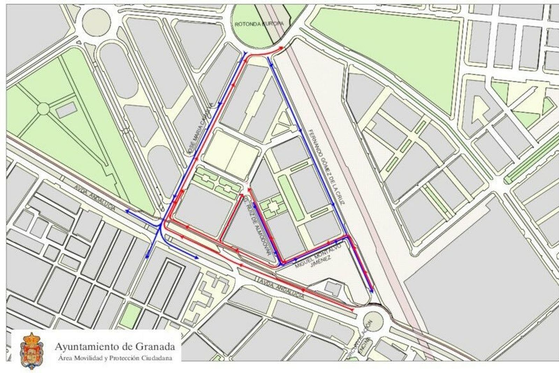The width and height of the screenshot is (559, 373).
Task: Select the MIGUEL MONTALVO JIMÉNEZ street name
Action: (x=313, y=256)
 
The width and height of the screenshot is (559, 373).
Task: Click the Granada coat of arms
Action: (x=32, y=350)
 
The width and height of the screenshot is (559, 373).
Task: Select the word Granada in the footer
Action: (x=155, y=347)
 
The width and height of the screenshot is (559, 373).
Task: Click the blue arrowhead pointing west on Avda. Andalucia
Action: (x=128, y=211)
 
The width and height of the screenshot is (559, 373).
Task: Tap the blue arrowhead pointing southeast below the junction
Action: (x=196, y=258)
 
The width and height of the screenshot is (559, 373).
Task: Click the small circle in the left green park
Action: (x=43, y=109)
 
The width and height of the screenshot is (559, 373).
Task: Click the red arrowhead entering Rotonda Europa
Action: (x=282, y=47)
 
